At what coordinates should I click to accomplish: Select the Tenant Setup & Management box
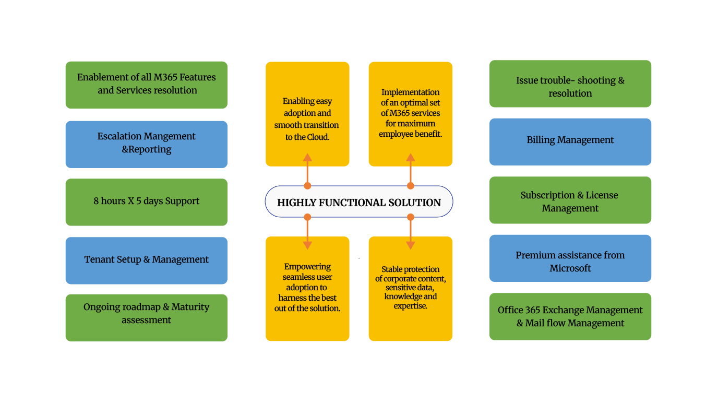(x=146, y=260)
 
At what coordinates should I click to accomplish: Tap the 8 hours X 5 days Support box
(x=146, y=202)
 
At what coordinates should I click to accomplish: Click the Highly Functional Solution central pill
(x=359, y=201)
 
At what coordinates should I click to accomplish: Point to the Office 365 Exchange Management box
(x=570, y=316)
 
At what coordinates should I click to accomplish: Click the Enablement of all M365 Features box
(x=146, y=85)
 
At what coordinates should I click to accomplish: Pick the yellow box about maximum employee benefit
(x=410, y=114)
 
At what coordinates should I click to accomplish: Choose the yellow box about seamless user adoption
(x=307, y=289)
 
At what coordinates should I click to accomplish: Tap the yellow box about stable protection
(x=410, y=289)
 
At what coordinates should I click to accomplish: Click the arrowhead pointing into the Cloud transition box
(x=307, y=157)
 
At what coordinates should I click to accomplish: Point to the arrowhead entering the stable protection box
(x=411, y=245)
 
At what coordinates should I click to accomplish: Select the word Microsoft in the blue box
(x=570, y=268)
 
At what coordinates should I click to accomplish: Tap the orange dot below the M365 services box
(x=411, y=185)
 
